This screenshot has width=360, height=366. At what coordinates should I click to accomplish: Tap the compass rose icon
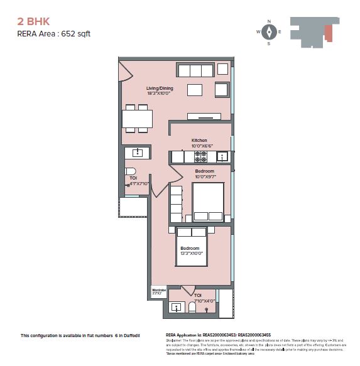269,32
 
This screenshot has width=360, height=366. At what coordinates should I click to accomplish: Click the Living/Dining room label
160,89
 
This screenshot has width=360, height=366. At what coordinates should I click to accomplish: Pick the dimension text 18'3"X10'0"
160,94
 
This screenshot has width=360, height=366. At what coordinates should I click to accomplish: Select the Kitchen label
199,140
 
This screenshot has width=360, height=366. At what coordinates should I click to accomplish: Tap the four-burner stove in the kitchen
200,156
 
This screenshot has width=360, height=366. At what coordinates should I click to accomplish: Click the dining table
137,119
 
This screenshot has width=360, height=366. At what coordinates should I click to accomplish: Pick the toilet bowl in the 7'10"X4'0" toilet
192,307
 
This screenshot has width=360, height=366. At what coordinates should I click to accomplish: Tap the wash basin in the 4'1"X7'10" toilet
138,152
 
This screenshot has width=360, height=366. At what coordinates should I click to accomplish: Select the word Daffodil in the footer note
138,336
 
